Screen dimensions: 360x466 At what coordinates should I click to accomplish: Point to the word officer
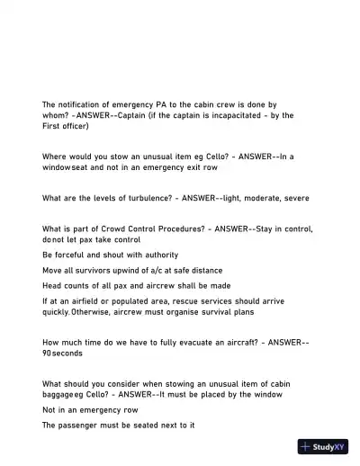point(77,126)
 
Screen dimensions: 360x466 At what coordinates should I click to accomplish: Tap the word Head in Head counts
point(52,286)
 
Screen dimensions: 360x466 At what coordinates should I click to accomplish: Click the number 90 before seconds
point(47,354)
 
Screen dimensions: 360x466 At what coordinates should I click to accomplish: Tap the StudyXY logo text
point(328,446)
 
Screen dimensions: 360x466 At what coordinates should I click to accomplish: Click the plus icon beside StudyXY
point(306,446)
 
